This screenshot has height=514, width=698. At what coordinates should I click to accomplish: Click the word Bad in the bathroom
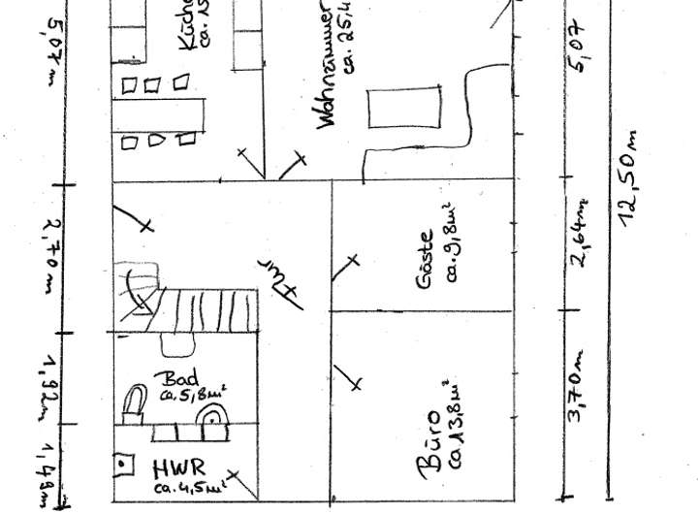181,378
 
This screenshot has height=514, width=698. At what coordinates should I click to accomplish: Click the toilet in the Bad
135,402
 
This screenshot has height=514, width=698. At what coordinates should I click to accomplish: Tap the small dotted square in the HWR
123,466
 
